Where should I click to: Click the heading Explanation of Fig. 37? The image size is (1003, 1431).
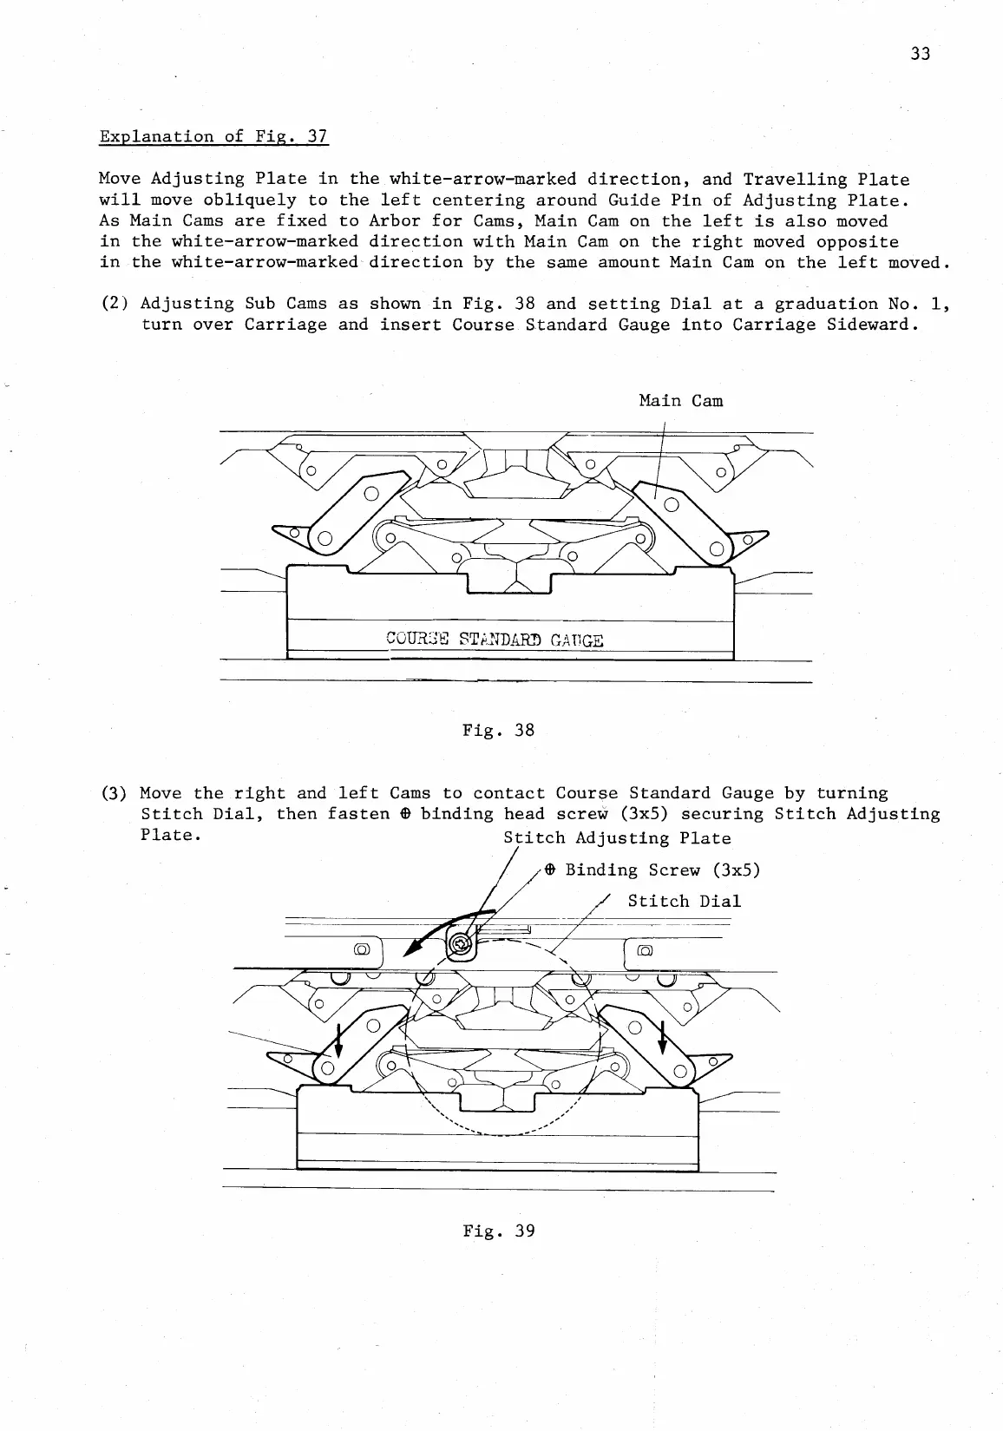[x=213, y=137]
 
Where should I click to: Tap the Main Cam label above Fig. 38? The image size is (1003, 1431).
[x=680, y=401]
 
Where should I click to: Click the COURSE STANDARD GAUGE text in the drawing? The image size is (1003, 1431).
[x=494, y=641]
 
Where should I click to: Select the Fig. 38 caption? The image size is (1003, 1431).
[x=499, y=731]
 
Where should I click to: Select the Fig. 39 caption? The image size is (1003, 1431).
[x=499, y=1231]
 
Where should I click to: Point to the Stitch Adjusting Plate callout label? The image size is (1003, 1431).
[x=617, y=838]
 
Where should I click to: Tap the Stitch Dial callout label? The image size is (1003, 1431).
[x=684, y=902]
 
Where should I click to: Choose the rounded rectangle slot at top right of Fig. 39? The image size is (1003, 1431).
[x=645, y=949]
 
